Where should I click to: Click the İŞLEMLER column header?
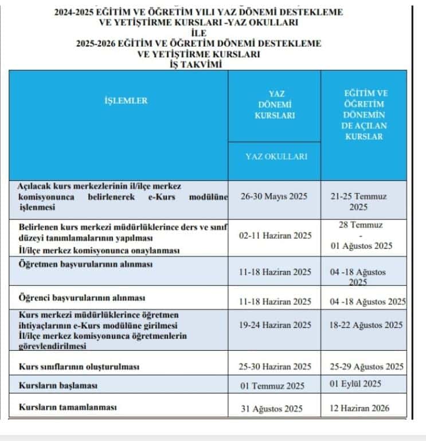point(126,100)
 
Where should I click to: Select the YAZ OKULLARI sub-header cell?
point(276,156)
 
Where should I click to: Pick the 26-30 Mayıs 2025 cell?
point(275,196)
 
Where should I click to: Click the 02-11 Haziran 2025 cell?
point(275,235)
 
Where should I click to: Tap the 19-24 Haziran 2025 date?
point(275,324)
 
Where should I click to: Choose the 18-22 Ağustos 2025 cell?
point(364,324)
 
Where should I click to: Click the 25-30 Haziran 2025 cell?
point(275,366)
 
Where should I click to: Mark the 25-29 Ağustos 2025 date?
point(364,366)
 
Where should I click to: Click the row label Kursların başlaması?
point(58,385)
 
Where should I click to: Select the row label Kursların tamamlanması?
point(68,407)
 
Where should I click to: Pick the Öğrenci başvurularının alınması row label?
point(82,298)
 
